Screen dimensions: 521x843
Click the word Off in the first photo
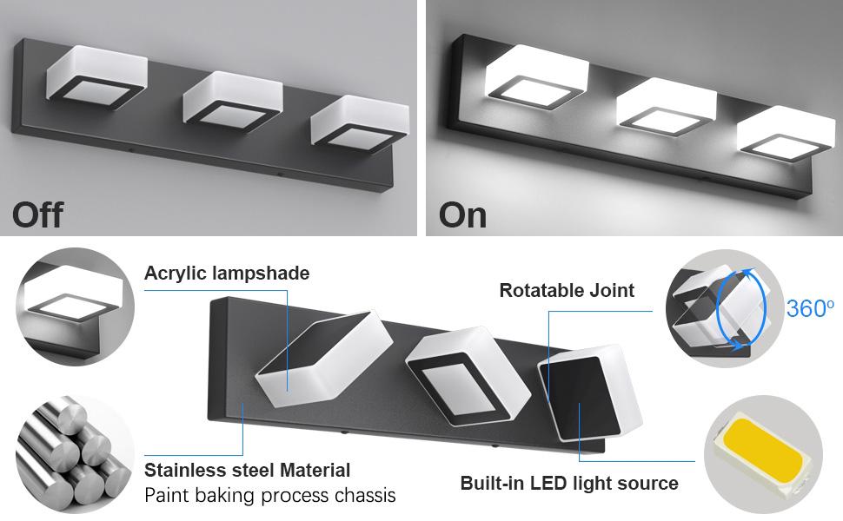(38, 214)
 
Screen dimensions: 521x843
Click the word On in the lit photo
(463, 214)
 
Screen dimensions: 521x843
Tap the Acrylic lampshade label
(227, 274)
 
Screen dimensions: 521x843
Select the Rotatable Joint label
(567, 291)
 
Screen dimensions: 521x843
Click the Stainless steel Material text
(248, 471)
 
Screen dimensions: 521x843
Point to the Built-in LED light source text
(569, 483)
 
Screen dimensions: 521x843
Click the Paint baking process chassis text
(269, 496)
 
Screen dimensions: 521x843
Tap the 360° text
(810, 308)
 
